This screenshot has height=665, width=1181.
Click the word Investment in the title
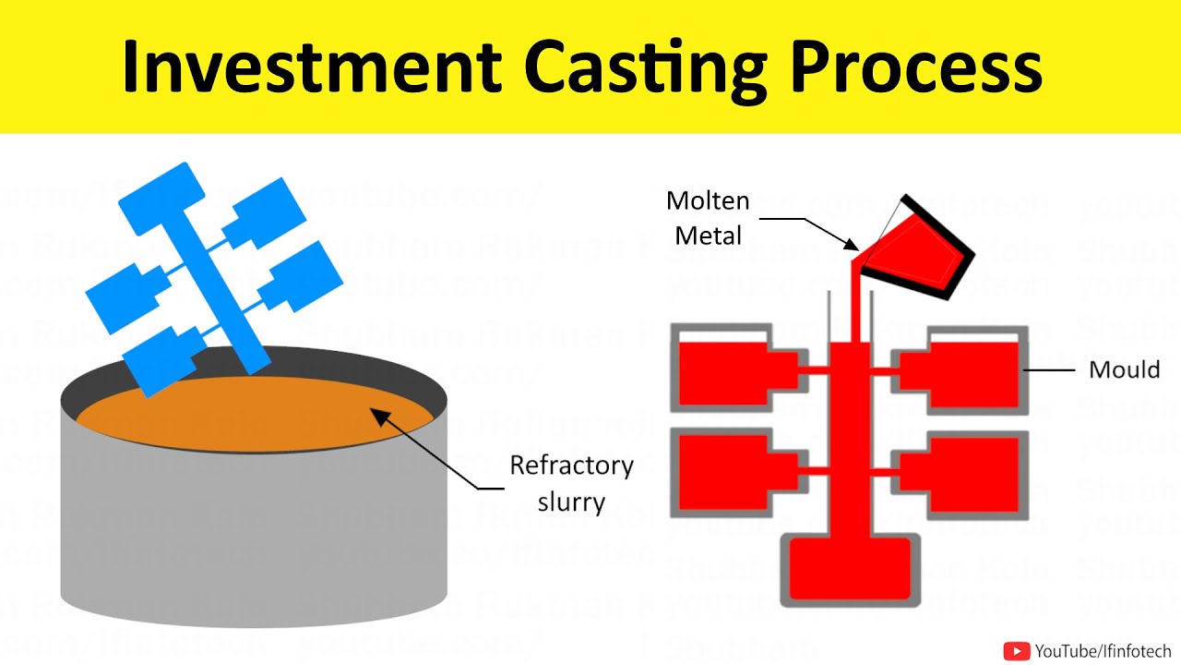[x=312, y=66]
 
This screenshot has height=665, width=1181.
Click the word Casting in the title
[x=645, y=66]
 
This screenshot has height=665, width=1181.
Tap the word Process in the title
[x=917, y=66]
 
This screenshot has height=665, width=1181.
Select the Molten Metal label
[x=709, y=218]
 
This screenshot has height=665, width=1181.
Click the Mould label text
[x=1124, y=370]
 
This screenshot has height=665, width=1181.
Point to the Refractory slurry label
[x=571, y=483]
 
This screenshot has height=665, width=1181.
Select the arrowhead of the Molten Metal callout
[x=854, y=247]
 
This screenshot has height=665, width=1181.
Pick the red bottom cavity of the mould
[x=850, y=567]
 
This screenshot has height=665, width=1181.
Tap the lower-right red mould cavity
[x=969, y=471]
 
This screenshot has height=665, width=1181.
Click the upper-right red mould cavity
[x=969, y=374]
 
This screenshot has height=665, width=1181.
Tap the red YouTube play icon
[x=1016, y=651]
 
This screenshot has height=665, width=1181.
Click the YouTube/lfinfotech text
[x=1103, y=651]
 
